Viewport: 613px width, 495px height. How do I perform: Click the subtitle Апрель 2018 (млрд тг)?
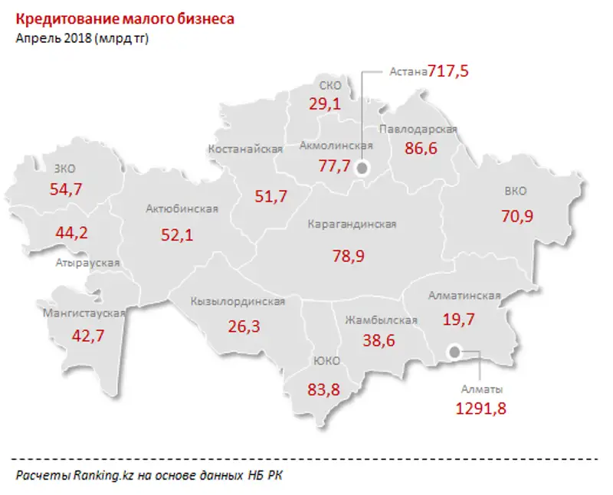[82, 38]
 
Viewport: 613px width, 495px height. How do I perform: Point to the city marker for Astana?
[362, 168]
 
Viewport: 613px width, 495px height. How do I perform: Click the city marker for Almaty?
[454, 352]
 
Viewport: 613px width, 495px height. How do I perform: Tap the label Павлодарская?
[418, 129]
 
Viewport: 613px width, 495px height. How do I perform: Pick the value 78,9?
[349, 256]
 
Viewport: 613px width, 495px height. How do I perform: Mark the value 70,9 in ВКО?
[517, 216]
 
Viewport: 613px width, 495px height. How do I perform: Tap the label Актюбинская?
[182, 208]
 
